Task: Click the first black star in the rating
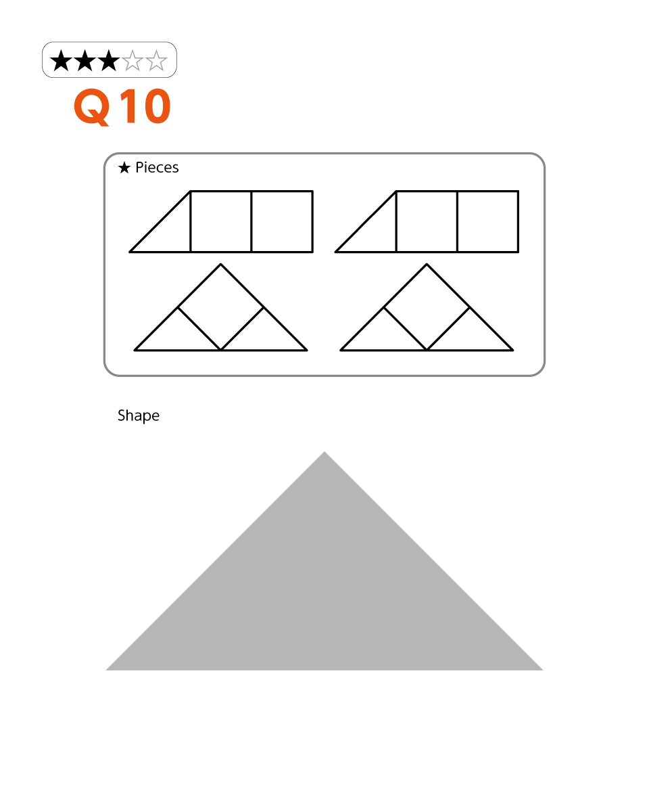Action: [x=61, y=61]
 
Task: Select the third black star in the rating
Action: [x=109, y=61]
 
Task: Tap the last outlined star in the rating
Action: [x=156, y=61]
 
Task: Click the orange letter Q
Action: [x=92, y=107]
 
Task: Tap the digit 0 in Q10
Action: [x=158, y=106]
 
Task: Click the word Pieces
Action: [x=157, y=168]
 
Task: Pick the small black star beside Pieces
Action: [x=124, y=168]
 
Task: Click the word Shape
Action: [x=139, y=415]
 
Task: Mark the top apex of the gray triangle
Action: [x=324, y=451]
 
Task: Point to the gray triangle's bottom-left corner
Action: [x=106, y=670]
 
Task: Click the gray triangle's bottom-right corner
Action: [x=543, y=670]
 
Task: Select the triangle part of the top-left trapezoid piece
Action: [x=170, y=231]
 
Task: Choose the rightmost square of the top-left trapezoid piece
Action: [x=282, y=221]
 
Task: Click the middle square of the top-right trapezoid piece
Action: [x=427, y=221]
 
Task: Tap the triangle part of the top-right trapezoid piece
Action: [x=376, y=231]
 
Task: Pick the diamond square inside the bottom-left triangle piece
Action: [x=221, y=307]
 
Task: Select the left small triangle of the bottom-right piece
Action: [x=383, y=336]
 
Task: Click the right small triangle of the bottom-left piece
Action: [x=264, y=336]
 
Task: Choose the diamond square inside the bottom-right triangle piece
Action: [x=427, y=307]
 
